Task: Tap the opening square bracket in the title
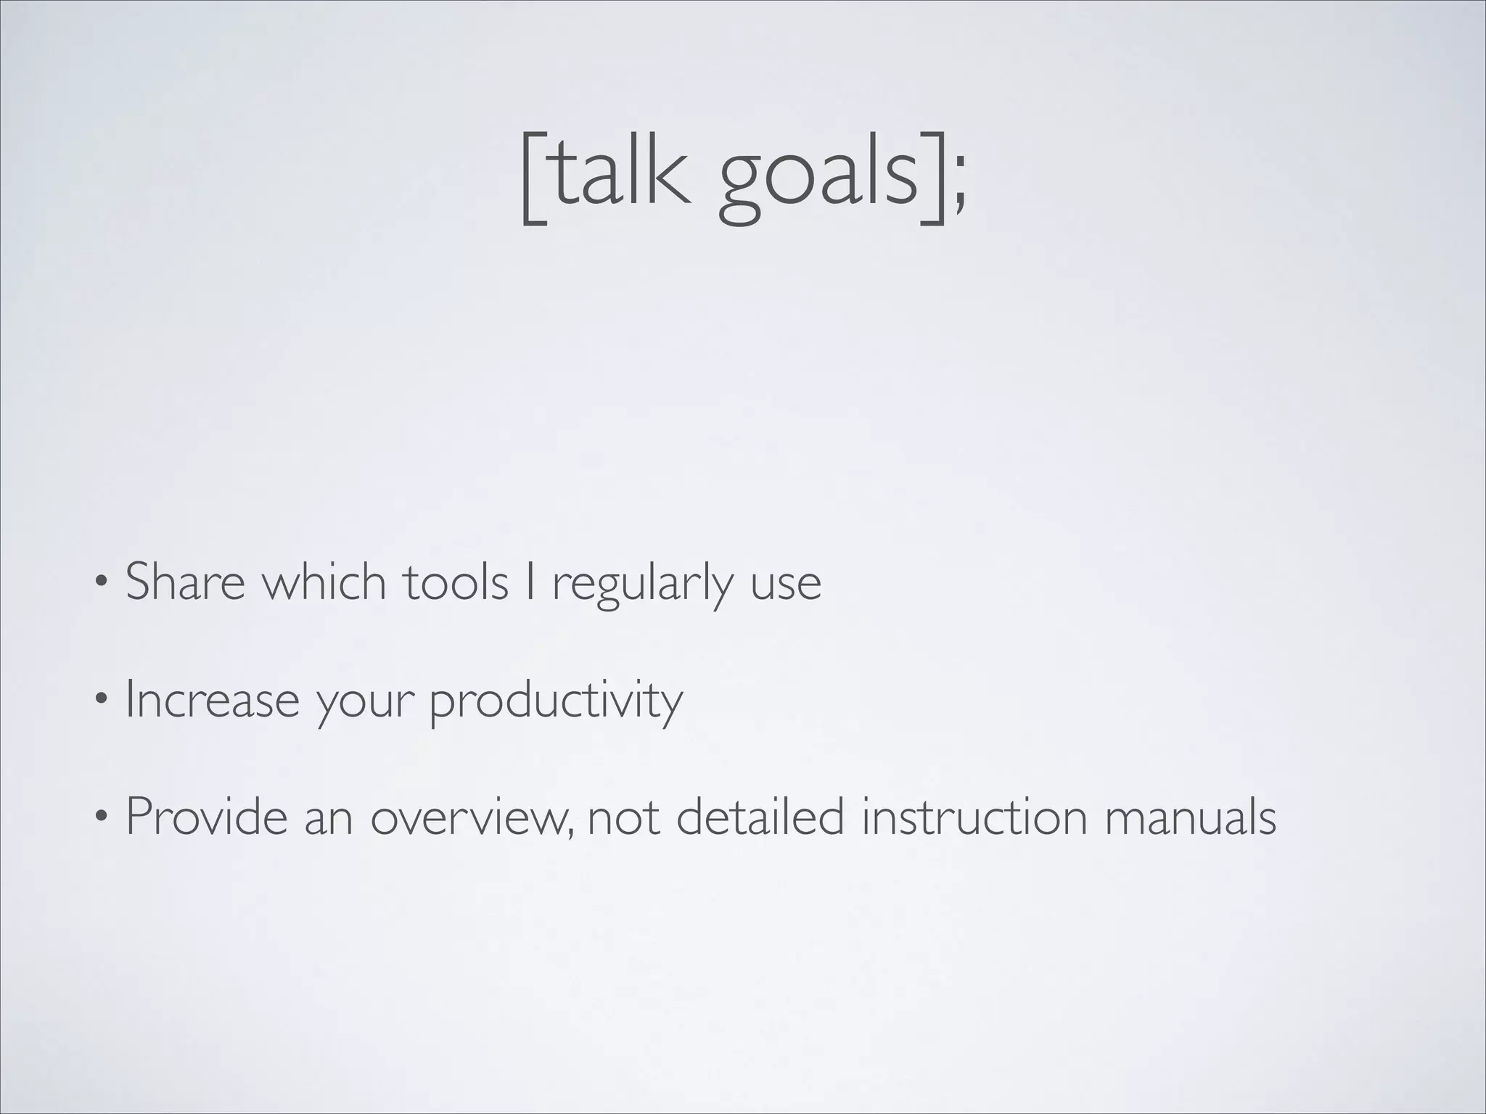[x=533, y=178]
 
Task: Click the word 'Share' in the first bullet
[x=185, y=582]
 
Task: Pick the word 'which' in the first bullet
[x=324, y=582]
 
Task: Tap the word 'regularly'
[x=643, y=586]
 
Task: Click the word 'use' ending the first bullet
[x=785, y=586]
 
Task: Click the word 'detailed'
[x=760, y=817]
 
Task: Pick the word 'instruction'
[x=974, y=817]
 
